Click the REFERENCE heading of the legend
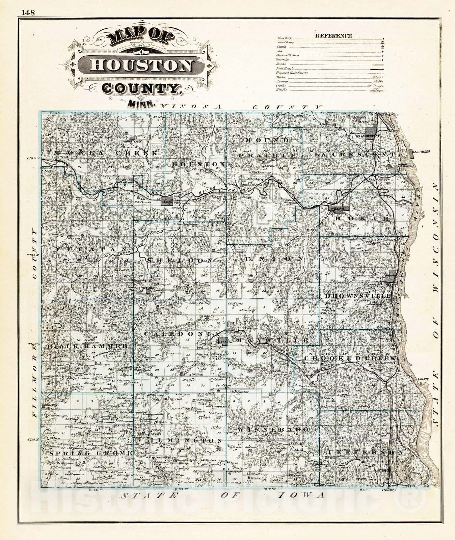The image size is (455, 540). (333, 36)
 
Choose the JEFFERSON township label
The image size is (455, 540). (365, 452)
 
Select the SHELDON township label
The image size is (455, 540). (180, 260)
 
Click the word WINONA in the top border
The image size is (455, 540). (191, 107)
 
